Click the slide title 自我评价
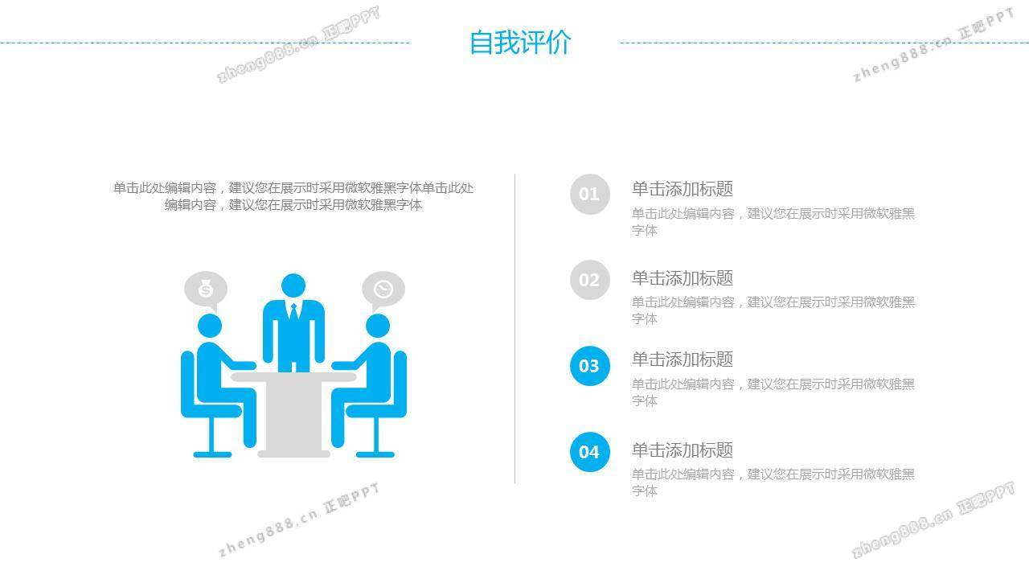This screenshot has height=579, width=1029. (x=520, y=43)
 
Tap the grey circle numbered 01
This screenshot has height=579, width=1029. (x=590, y=194)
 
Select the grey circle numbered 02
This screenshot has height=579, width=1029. (x=590, y=280)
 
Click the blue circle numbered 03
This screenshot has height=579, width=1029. (x=590, y=366)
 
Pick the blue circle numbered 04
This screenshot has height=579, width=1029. (x=590, y=452)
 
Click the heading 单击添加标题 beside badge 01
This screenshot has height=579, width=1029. (x=683, y=189)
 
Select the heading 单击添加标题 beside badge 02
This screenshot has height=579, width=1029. (x=683, y=278)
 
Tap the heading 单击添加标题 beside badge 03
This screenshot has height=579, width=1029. (x=683, y=359)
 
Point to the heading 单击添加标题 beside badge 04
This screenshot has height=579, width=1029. (x=683, y=450)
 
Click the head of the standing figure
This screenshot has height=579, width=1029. (x=293, y=285)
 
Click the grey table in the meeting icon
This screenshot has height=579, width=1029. (x=293, y=414)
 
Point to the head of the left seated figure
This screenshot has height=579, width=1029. (x=210, y=326)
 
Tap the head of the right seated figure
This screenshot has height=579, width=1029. (x=378, y=326)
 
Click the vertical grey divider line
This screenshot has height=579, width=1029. (x=514, y=328)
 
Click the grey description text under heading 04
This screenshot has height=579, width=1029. (x=773, y=482)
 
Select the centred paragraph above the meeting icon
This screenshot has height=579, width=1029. (x=293, y=196)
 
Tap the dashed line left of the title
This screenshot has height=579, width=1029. (x=205, y=43)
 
